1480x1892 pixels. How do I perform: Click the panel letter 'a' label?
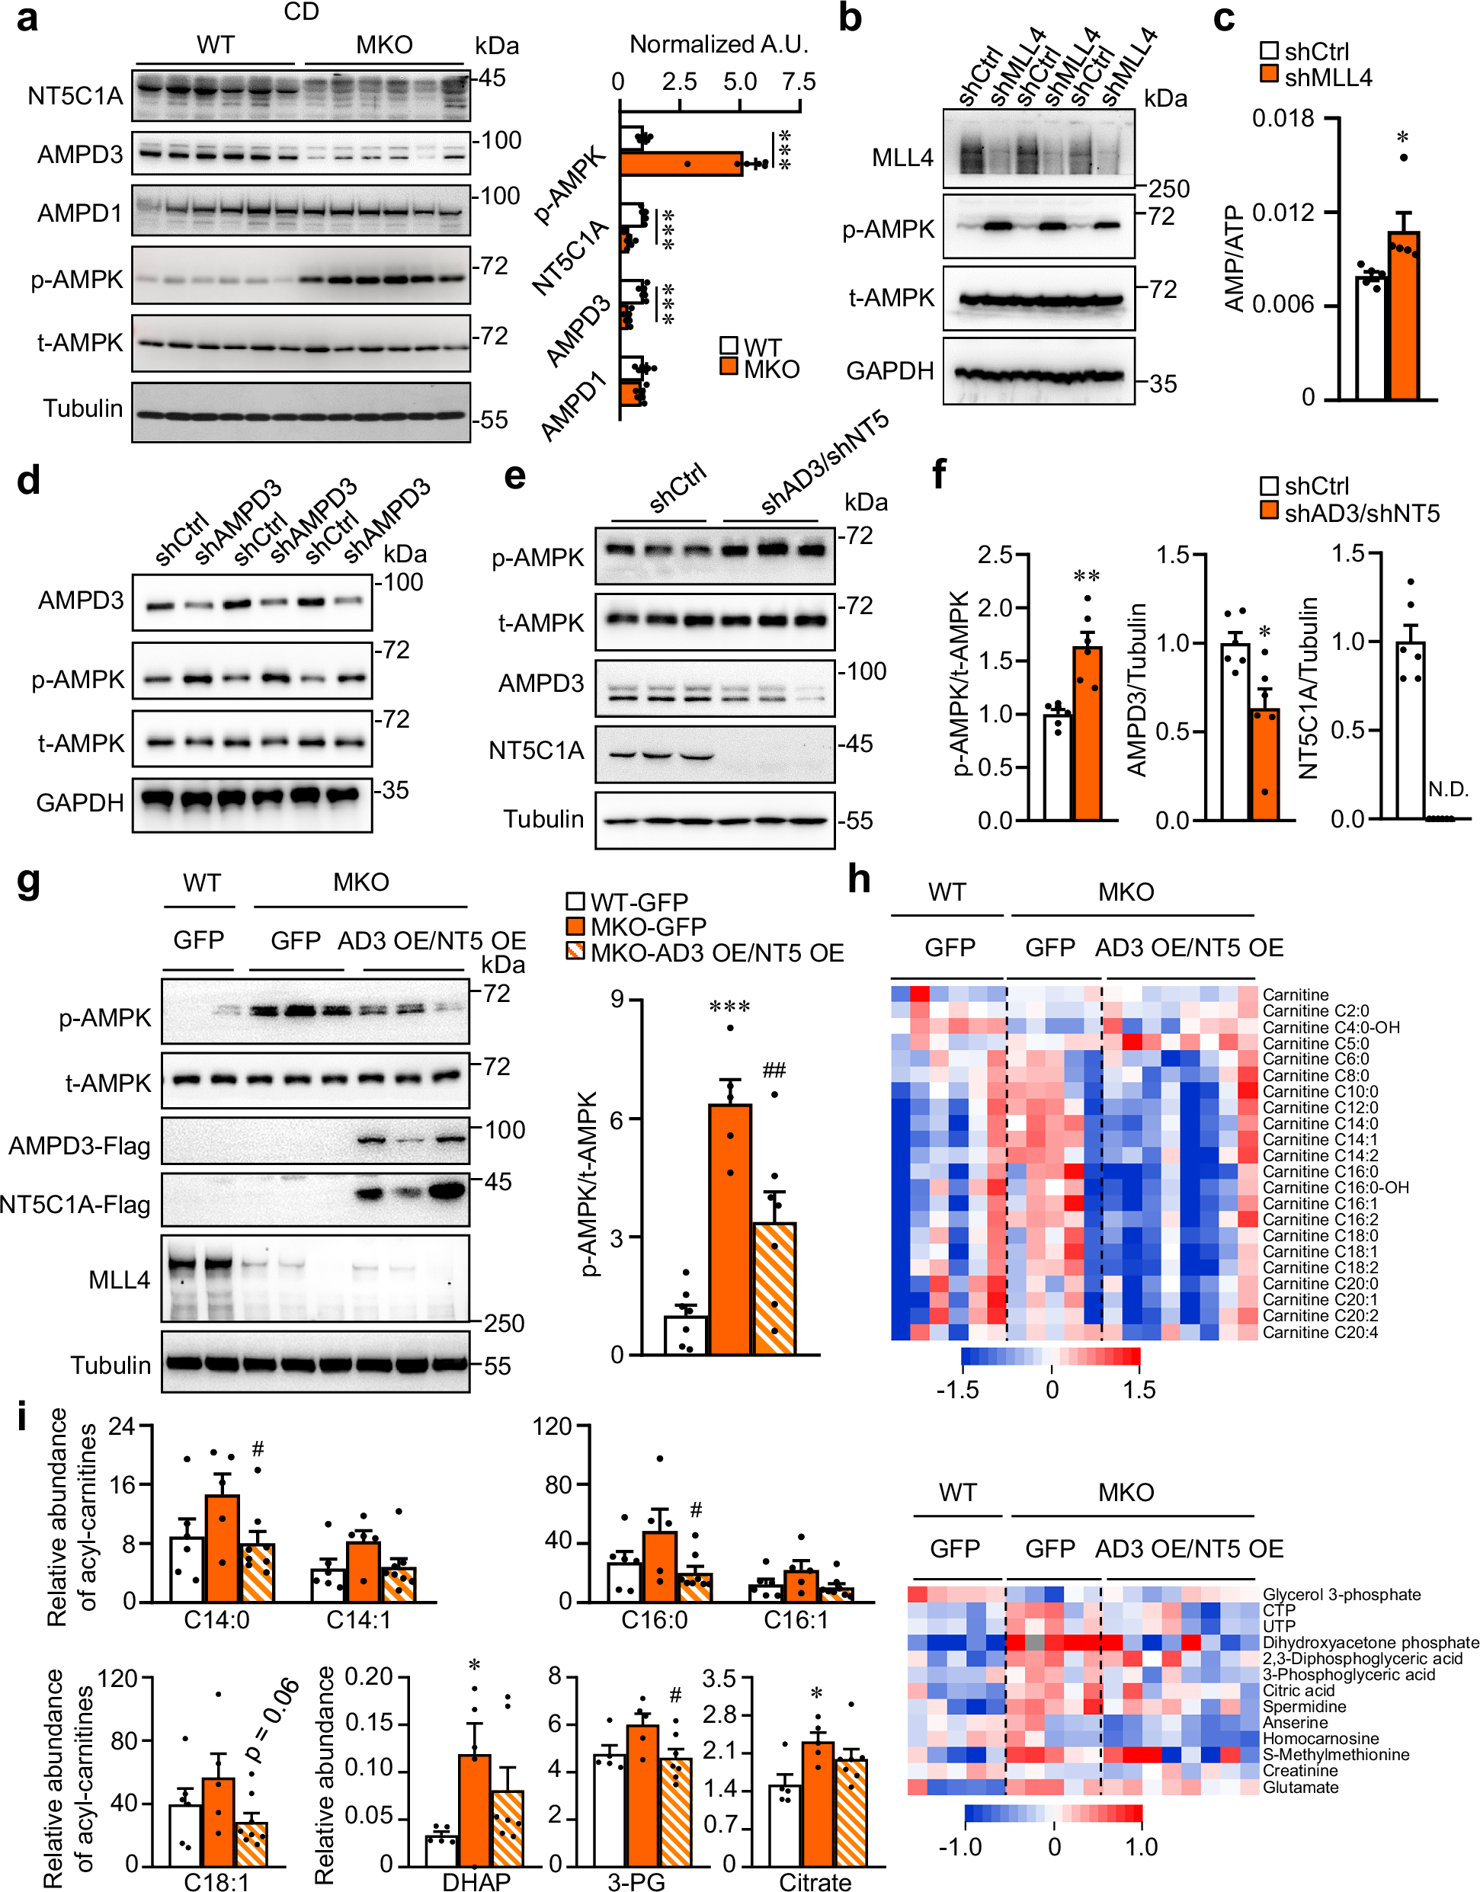click(27, 19)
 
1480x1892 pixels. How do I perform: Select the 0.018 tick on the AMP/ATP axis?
click(1283, 119)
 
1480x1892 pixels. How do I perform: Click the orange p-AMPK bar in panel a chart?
click(681, 164)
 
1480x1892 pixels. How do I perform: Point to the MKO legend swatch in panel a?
click(729, 367)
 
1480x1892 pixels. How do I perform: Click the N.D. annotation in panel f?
click(1448, 789)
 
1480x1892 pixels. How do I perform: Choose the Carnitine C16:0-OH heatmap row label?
click(1334, 1187)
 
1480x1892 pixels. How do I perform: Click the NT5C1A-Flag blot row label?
click(75, 1204)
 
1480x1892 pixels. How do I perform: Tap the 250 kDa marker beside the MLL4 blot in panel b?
click(1168, 189)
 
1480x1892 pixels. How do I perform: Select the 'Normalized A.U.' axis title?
click(719, 44)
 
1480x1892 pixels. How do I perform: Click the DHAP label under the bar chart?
click(476, 1881)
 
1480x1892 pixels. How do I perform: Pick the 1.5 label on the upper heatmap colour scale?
click(1139, 1390)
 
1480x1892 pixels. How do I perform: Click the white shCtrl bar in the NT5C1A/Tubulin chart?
click(1410, 729)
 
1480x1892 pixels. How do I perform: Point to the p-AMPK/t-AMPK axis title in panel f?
click(959, 683)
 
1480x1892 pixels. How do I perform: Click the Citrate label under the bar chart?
click(815, 1881)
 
